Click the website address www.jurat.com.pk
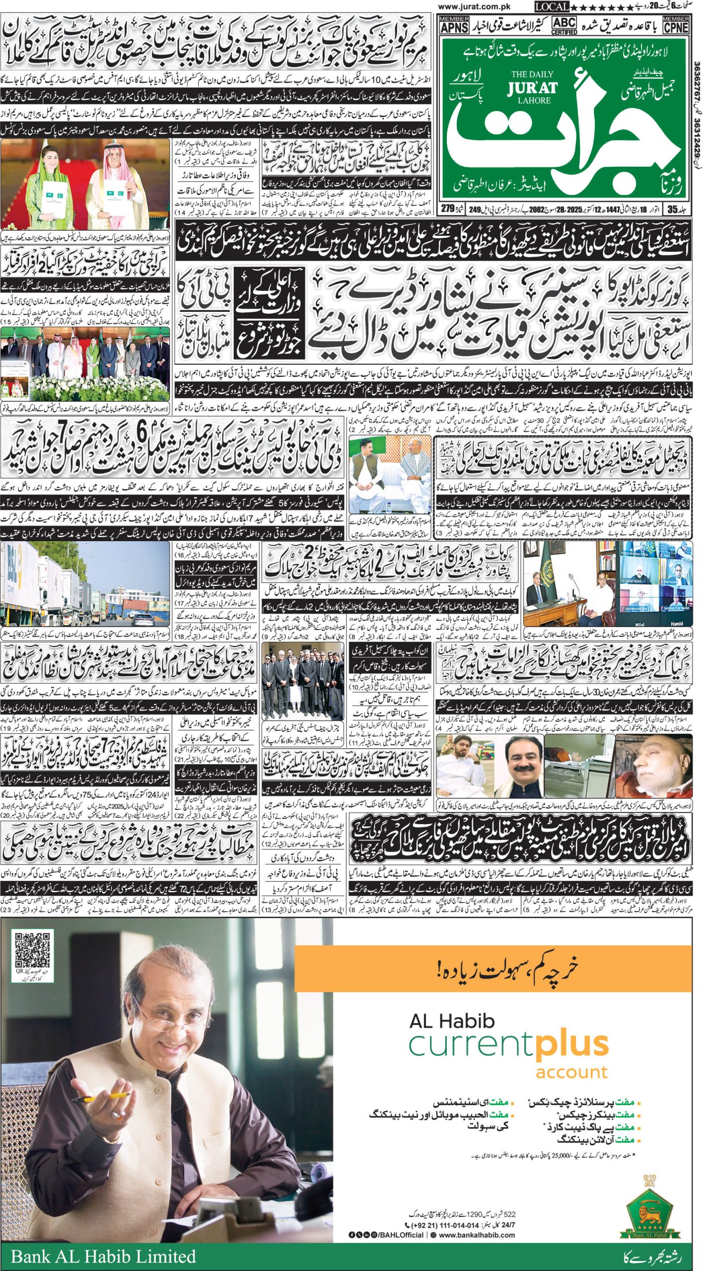(474, 6)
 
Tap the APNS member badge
(454, 24)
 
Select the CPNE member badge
(676, 24)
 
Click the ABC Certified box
(564, 25)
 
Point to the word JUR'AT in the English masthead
(532, 88)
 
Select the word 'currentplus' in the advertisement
(508, 1046)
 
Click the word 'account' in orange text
(571, 1072)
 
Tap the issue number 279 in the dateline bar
(448, 209)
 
